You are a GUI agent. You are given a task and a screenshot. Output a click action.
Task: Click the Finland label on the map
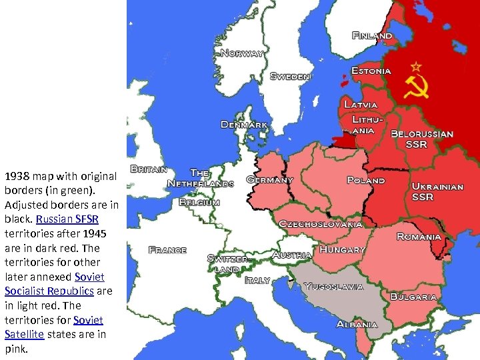[372, 35]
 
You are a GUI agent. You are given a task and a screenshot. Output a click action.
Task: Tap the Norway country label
[242, 53]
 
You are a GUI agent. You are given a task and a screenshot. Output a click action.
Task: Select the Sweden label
[290, 76]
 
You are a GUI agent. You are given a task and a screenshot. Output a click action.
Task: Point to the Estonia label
[371, 71]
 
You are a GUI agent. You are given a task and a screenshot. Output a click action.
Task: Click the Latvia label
[361, 105]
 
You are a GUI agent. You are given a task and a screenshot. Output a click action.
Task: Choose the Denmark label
[245, 125]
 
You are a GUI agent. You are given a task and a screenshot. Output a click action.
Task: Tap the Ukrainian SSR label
[437, 191]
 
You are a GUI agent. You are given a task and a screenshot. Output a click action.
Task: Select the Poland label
[366, 180]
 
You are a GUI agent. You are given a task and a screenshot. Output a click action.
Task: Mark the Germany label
[270, 180]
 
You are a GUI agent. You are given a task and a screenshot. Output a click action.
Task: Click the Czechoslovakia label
[321, 224]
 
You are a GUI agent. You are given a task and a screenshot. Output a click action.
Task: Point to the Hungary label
[342, 249]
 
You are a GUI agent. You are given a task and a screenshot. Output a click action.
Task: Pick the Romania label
[419, 237]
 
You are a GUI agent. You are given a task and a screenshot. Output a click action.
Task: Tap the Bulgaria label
[413, 296]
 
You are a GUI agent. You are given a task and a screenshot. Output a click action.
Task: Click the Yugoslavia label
[333, 287]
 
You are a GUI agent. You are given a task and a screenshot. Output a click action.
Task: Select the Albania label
[357, 324]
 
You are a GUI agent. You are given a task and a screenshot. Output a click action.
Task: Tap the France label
[167, 250]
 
